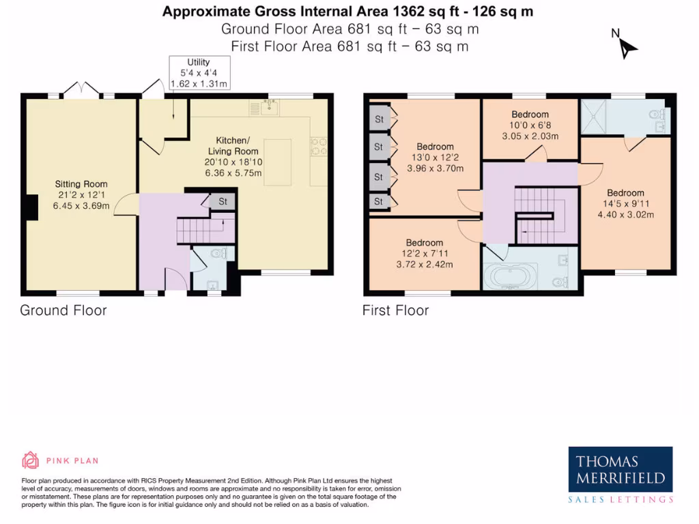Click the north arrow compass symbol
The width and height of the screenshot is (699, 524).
pyautogui.click(x=627, y=46)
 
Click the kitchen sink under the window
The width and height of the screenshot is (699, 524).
pyautogui.click(x=267, y=106)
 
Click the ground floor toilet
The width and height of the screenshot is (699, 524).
pyautogui.click(x=218, y=254)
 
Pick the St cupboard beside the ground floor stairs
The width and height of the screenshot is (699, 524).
pyautogui.click(x=222, y=202)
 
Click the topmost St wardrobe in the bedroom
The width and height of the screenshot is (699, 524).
pyautogui.click(x=378, y=119)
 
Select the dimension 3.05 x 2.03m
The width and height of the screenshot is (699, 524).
pyautogui.click(x=530, y=136)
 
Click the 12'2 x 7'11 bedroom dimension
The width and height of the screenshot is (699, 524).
pyautogui.click(x=424, y=254)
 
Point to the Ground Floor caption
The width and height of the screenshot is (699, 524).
pyautogui.click(x=63, y=311)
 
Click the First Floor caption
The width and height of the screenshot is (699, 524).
pyautogui.click(x=395, y=311)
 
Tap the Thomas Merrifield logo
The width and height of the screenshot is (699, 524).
pyautogui.click(x=620, y=471)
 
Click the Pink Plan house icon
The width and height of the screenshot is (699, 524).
pyautogui.click(x=31, y=461)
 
